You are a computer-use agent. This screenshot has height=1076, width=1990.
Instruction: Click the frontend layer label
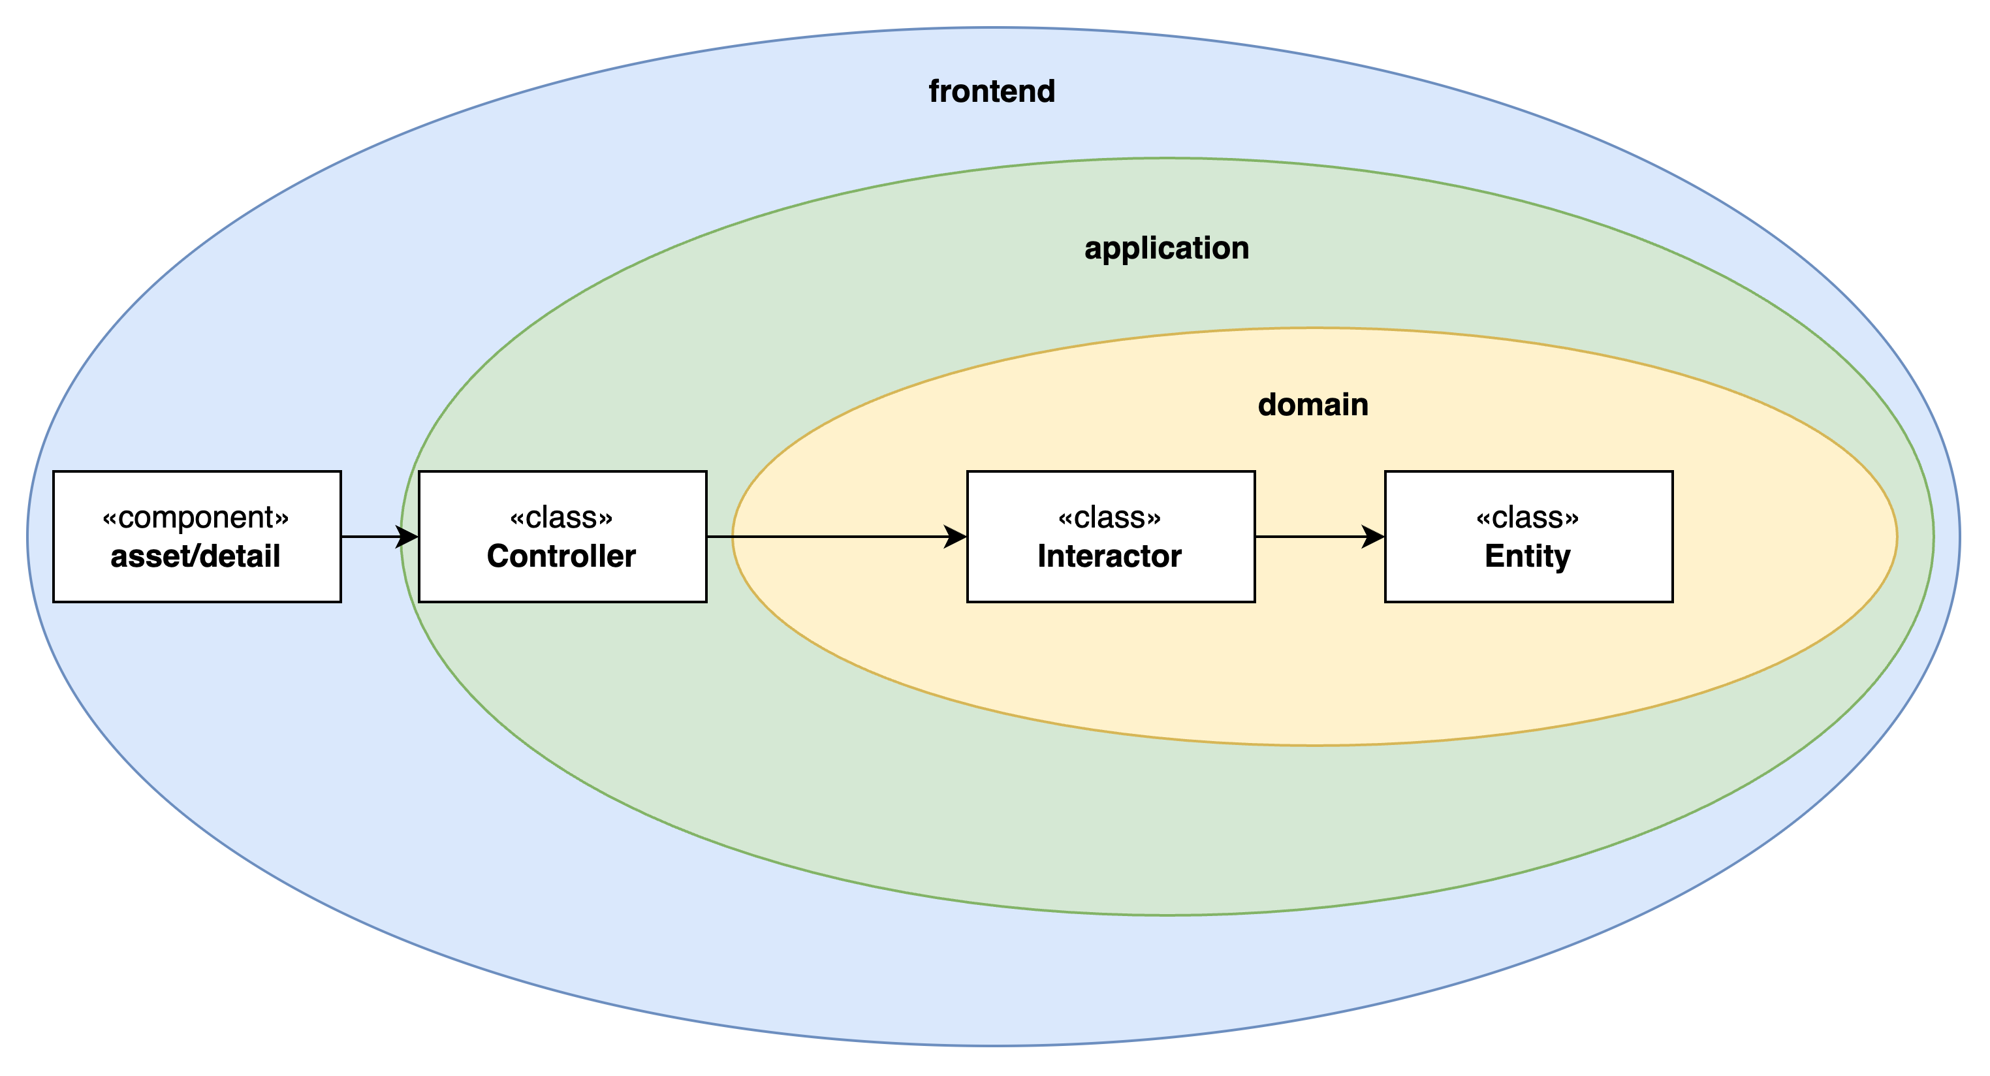991,91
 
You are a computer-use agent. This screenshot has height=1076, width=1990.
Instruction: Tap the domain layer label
1312,405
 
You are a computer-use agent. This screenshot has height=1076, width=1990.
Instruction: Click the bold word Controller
561,556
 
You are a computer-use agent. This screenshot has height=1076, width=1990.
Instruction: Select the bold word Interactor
1109,556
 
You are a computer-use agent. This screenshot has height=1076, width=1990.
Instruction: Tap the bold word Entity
1527,556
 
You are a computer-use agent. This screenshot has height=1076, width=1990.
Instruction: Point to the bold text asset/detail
195,556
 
